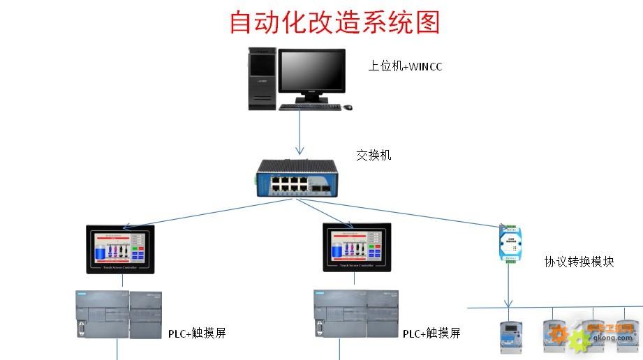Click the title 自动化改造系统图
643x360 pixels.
tap(335, 22)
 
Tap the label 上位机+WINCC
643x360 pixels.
tap(405, 67)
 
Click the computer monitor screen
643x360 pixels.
tap(312, 70)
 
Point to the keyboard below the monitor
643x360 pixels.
tap(310, 107)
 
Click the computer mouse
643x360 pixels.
tap(348, 107)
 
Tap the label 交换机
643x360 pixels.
tap(374, 155)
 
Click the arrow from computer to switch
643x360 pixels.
tap(300, 133)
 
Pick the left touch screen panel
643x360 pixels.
tap(120, 248)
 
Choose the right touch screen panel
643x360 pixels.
tap(357, 248)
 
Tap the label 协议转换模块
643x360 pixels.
tap(579, 262)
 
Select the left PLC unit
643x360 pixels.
tap(118, 315)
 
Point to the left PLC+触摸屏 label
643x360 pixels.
tap(197, 333)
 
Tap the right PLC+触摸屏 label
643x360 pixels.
tap(431, 333)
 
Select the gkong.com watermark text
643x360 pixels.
tap(613, 338)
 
